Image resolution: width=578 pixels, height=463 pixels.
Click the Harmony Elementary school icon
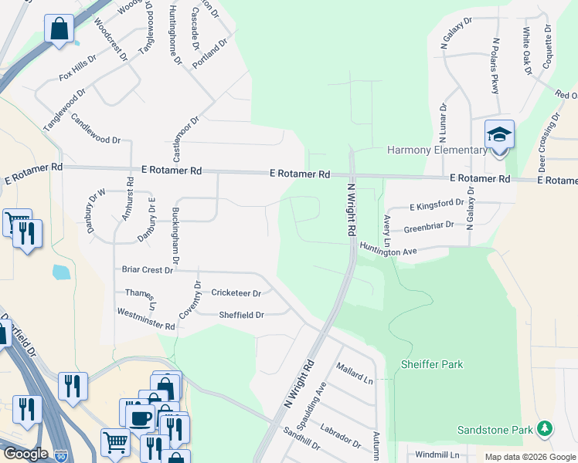pyautogui.click(x=499, y=135)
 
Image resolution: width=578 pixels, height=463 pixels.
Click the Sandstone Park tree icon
pyautogui.click(x=545, y=428)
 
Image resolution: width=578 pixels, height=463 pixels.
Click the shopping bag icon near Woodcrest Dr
pyautogui.click(x=58, y=30)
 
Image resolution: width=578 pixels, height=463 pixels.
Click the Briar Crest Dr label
pyautogui.click(x=148, y=270)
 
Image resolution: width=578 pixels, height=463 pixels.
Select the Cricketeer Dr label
pyautogui.click(x=236, y=293)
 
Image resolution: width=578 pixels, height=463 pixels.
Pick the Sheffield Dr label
pyautogui.click(x=241, y=315)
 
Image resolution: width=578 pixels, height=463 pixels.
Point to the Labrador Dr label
pyautogui.click(x=340, y=436)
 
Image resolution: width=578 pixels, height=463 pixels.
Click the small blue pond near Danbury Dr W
pyautogui.click(x=60, y=272)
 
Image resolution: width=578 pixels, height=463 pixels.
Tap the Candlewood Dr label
pyautogui.click(x=96, y=130)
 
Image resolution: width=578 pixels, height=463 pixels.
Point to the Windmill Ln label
pyautogui.click(x=437, y=455)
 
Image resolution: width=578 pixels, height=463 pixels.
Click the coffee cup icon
pyautogui.click(x=139, y=417)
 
